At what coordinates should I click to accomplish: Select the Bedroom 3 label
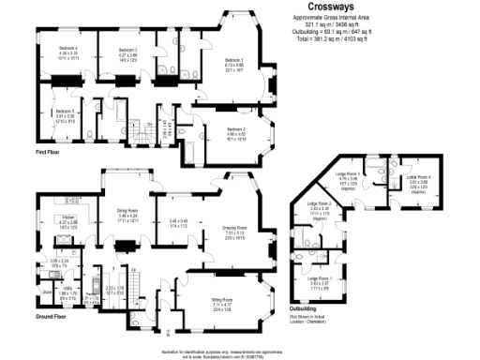click(128, 50)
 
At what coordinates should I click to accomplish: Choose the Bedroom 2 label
click(236, 129)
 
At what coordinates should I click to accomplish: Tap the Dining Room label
click(127, 211)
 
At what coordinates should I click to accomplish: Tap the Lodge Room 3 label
click(348, 174)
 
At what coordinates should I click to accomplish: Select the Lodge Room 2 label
click(321, 203)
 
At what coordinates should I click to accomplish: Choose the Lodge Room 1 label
click(321, 278)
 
